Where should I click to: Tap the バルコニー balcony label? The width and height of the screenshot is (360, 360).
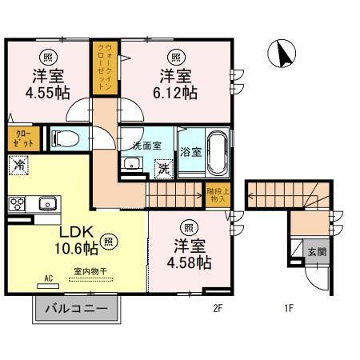coord(76,309)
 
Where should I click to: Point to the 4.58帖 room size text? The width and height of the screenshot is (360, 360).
coord(190,261)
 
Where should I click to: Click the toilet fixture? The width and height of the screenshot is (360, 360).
coord(65,139)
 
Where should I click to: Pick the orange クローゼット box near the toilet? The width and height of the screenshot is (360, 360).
coord(20,138)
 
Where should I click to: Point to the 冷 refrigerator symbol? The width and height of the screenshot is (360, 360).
coord(18,165)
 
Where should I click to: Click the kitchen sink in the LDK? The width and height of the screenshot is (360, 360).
coord(46,204)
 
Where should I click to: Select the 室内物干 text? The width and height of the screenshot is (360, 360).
coord(93,271)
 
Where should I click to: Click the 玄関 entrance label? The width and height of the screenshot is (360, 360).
coord(317,252)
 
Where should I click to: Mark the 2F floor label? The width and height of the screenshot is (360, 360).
coord(217,306)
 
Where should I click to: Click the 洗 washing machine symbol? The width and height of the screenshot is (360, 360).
coord(162,169)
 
